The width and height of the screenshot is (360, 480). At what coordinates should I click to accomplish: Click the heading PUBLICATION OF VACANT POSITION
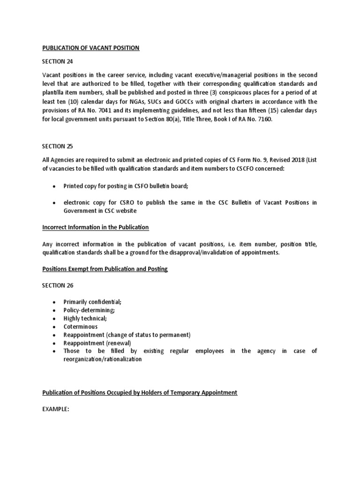coord(91,48)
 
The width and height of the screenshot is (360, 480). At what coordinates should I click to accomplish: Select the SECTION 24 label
coord(58,61)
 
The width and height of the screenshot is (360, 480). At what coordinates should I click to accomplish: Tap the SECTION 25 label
coord(58,146)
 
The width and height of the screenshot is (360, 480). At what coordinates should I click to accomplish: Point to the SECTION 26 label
coord(58,285)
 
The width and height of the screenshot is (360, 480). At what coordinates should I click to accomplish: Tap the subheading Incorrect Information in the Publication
coord(96,227)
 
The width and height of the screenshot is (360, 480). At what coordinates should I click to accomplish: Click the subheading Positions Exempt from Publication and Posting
coord(105,269)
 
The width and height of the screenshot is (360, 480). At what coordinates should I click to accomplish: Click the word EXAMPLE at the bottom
coord(56,409)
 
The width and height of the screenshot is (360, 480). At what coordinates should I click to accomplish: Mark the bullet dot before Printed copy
coord(54,186)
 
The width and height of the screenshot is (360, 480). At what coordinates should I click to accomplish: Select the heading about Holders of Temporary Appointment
coord(140,392)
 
